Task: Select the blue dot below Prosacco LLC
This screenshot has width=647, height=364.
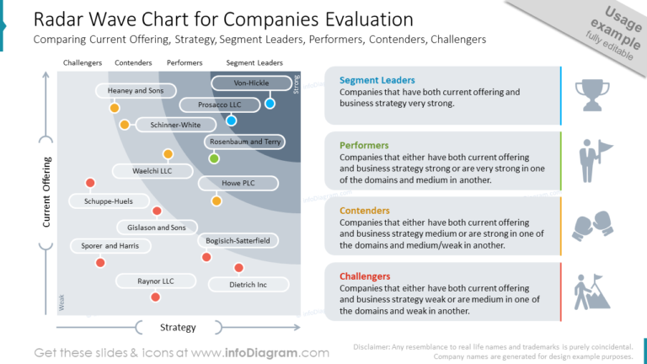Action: [231, 120]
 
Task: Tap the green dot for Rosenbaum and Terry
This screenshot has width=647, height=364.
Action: [214, 158]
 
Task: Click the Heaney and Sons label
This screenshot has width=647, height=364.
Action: [136, 90]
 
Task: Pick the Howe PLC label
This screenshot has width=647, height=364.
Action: [238, 183]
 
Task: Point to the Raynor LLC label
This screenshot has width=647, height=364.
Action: [155, 281]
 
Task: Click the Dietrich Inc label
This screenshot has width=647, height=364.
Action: [248, 285]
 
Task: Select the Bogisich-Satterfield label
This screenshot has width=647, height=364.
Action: [238, 241]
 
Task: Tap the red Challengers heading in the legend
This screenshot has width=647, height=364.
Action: [365, 276]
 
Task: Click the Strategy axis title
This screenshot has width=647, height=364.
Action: [178, 327]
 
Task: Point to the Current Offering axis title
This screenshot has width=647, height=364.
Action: [47, 191]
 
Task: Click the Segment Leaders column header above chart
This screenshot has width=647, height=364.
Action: [254, 63]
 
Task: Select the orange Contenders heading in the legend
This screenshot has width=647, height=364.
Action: [365, 211]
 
